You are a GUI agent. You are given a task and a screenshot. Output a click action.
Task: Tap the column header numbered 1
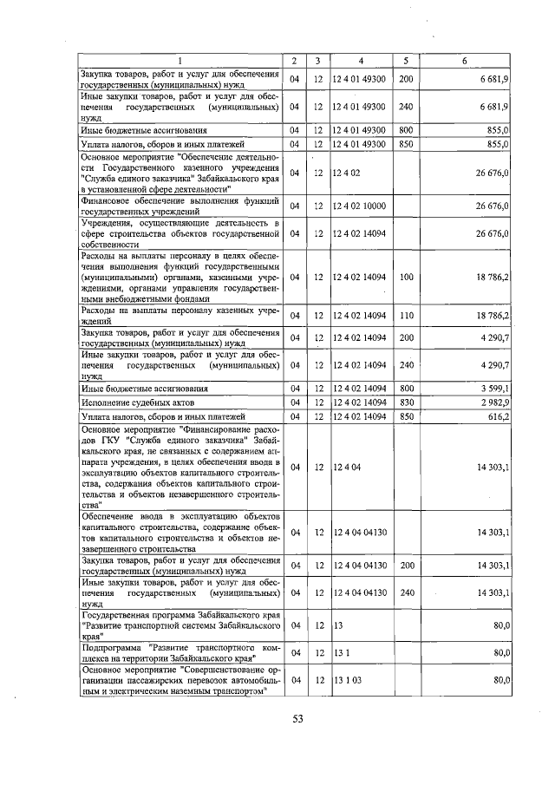tap(180, 61)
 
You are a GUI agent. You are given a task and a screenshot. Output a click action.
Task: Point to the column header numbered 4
tap(361, 61)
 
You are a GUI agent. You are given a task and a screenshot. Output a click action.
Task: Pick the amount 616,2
tap(498, 416)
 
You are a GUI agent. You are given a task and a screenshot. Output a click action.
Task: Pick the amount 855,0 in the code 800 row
tap(498, 129)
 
